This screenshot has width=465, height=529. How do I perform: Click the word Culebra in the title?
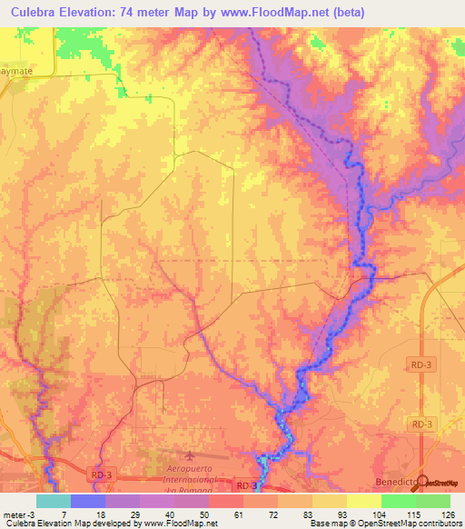tap(36, 12)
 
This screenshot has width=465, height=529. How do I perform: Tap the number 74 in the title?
tap(154, 12)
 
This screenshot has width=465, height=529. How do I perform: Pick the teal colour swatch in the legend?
tap(53, 501)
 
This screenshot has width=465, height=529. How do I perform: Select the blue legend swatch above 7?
tap(87, 501)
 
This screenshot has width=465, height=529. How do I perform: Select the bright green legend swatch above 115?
tap(398, 501)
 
